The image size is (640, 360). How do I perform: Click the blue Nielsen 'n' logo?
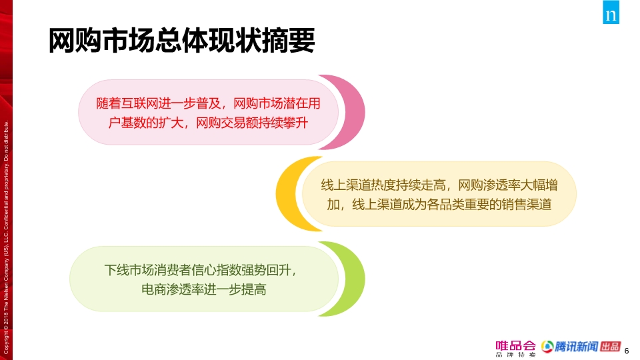611,12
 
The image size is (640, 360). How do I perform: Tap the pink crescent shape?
353,112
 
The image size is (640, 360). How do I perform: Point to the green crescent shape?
353,279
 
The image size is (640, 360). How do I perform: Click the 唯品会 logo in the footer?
515,349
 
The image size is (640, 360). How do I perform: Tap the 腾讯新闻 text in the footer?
576,347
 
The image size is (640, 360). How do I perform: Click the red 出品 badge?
611,347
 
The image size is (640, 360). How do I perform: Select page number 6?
627,351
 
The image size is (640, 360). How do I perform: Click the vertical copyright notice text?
6,237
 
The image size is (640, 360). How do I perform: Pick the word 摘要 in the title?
289,41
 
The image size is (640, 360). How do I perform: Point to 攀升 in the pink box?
295,123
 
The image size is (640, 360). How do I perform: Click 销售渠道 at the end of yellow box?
527,204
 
